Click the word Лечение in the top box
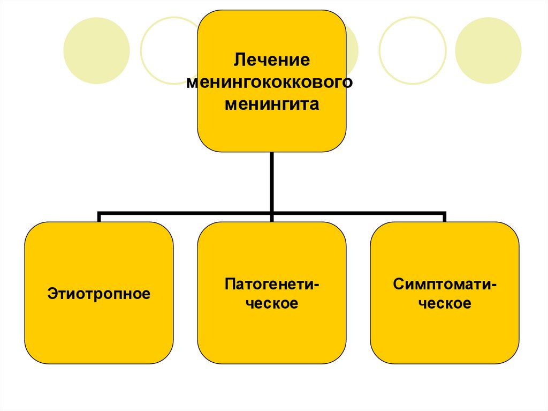coord(271,59)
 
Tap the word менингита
coord(271,104)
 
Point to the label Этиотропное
coord(99,294)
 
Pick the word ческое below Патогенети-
coord(272,303)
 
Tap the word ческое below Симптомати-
coord(445,303)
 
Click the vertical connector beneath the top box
coord(272,182)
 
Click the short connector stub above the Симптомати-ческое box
coord(444,217)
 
